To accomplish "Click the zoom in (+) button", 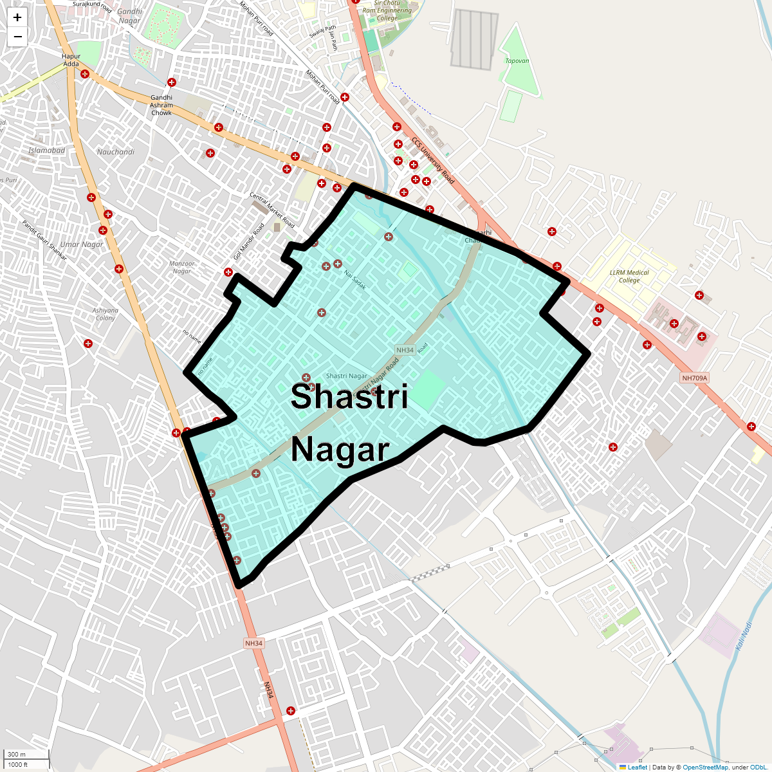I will (17, 17).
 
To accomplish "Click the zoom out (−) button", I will (17, 37).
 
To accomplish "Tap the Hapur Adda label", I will (71, 60).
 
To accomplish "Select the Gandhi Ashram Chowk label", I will (161, 105).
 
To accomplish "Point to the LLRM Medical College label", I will (629, 276).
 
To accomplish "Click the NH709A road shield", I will (694, 378).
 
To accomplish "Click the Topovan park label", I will (517, 61).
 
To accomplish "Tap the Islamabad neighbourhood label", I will (47, 151).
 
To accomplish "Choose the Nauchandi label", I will (116, 152).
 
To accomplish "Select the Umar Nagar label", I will (82, 244).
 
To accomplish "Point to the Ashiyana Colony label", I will (106, 314).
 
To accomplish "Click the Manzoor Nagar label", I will (182, 267).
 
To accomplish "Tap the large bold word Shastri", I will (349, 396).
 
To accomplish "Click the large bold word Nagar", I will (340, 450).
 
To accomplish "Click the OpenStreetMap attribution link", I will (705, 767).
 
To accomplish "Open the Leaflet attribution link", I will (637, 767).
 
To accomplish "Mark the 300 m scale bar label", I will (17, 754).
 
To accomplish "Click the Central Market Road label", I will (272, 210).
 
